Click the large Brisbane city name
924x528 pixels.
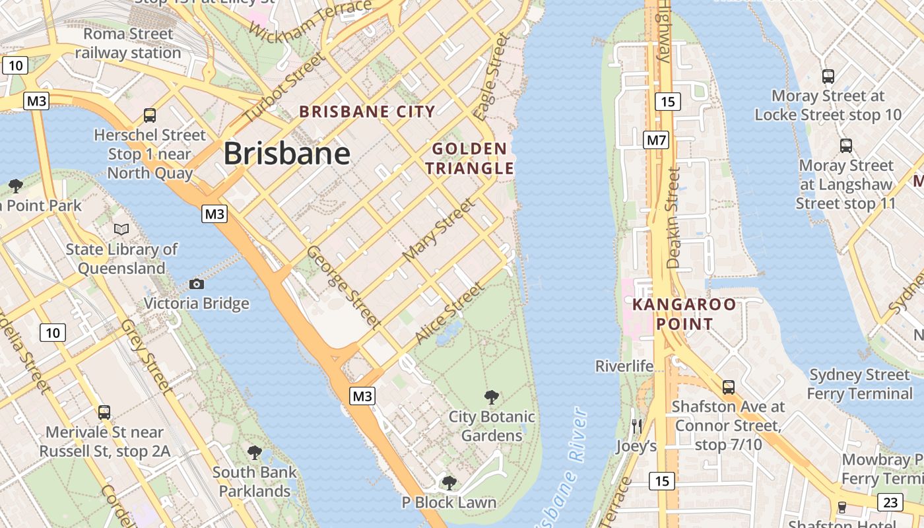pos(286,154)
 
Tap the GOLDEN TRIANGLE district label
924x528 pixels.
pos(469,158)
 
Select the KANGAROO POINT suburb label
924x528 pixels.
pos(684,314)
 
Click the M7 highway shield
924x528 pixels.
pos(656,140)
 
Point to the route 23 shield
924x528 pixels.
pos(890,502)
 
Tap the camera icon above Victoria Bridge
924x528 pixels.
pos(196,284)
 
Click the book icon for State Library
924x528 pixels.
pos(121,229)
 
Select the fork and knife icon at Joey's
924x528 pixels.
pos(636,426)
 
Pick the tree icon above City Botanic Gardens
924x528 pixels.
pos(491,397)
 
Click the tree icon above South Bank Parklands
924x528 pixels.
pos(254,453)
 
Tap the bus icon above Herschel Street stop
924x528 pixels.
pos(150,115)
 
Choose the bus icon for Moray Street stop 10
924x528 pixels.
pos(828,77)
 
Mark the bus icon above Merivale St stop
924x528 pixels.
pos(104,412)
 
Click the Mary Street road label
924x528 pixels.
pos(438,230)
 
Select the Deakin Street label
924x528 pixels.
pos(673,218)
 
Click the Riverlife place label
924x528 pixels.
pos(624,366)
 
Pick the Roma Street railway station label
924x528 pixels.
pos(128,43)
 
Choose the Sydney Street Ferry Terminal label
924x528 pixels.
pos(859,384)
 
